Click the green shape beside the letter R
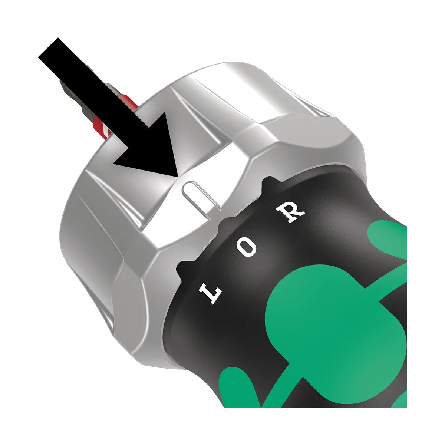tap(389, 237)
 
